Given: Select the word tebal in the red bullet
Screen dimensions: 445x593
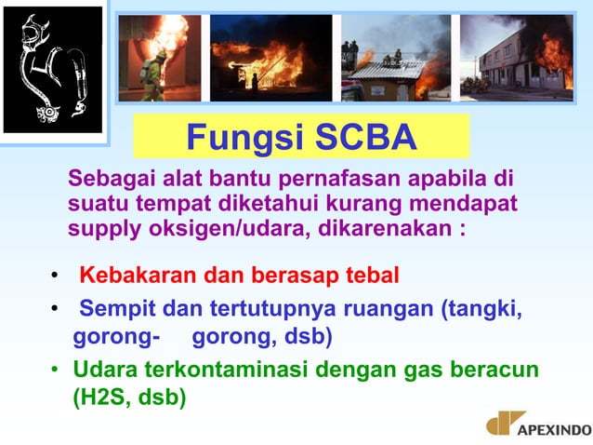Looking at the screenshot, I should click(369, 276).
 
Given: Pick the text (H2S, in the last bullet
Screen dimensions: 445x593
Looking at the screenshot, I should click(102, 398).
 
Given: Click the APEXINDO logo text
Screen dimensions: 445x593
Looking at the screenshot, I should click(554, 429).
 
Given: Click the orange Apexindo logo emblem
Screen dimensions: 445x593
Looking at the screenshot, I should click(505, 424).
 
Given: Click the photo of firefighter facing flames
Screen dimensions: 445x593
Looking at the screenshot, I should click(158, 58).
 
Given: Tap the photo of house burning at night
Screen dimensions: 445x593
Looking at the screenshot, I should click(270, 58).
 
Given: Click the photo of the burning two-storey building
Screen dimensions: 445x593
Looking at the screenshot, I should click(517, 58).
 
